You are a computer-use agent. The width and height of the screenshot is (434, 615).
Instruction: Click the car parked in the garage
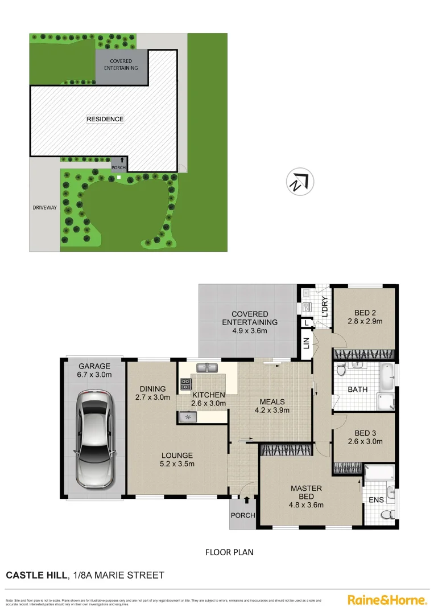[x=93, y=438]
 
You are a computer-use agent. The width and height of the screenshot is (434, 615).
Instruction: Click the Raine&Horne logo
[x=387, y=600]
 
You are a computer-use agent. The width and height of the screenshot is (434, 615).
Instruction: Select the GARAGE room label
[x=93, y=367]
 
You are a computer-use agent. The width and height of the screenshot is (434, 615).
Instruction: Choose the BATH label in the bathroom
[x=358, y=389]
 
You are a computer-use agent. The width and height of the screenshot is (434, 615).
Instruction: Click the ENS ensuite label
[x=376, y=499]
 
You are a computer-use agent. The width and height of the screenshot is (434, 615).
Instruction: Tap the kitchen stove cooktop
[x=185, y=384]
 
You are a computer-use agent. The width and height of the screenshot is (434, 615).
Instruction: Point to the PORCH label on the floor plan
[x=243, y=515]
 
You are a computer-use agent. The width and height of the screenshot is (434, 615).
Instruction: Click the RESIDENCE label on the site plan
[x=105, y=119]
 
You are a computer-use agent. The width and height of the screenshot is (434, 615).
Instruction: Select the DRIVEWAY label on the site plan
[x=44, y=208]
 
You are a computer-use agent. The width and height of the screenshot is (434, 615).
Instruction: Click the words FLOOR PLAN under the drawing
[x=229, y=552]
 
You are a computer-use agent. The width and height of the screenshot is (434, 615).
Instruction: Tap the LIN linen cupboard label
[x=306, y=343]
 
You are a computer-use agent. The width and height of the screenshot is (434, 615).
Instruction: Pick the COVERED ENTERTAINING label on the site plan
[x=121, y=64]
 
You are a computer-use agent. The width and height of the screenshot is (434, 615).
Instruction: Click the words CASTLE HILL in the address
[x=35, y=576]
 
